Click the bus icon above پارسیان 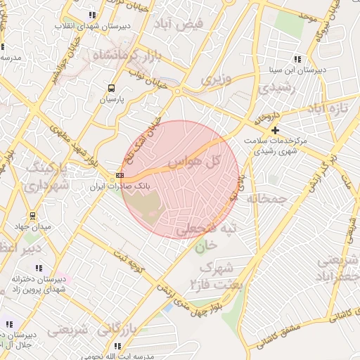coord(111,88)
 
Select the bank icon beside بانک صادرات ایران coord(120,176)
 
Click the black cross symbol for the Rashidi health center coord(275,130)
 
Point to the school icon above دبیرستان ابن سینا coord(297,59)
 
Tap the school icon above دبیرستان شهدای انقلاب coord(92,15)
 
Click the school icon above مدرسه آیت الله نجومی coord(117,346)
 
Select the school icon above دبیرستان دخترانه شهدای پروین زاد coord(38,268)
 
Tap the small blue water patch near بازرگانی coord(167,307)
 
